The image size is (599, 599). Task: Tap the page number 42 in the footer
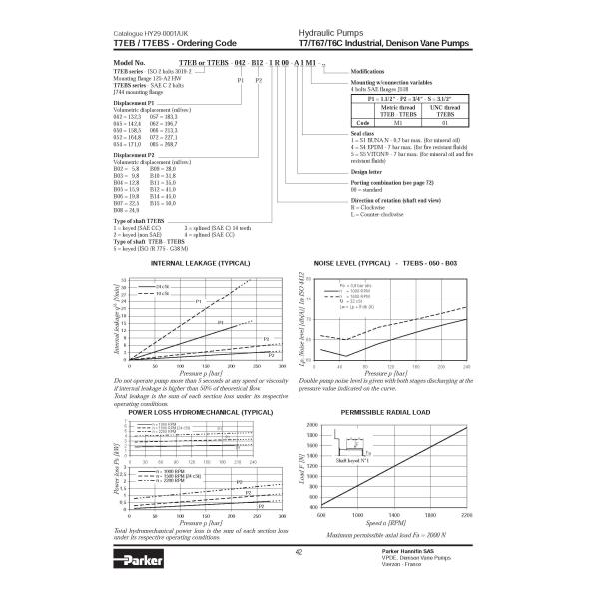click(x=299, y=551)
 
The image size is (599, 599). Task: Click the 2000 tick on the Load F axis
click(x=310, y=424)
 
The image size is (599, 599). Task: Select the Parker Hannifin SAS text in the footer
click(x=407, y=550)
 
